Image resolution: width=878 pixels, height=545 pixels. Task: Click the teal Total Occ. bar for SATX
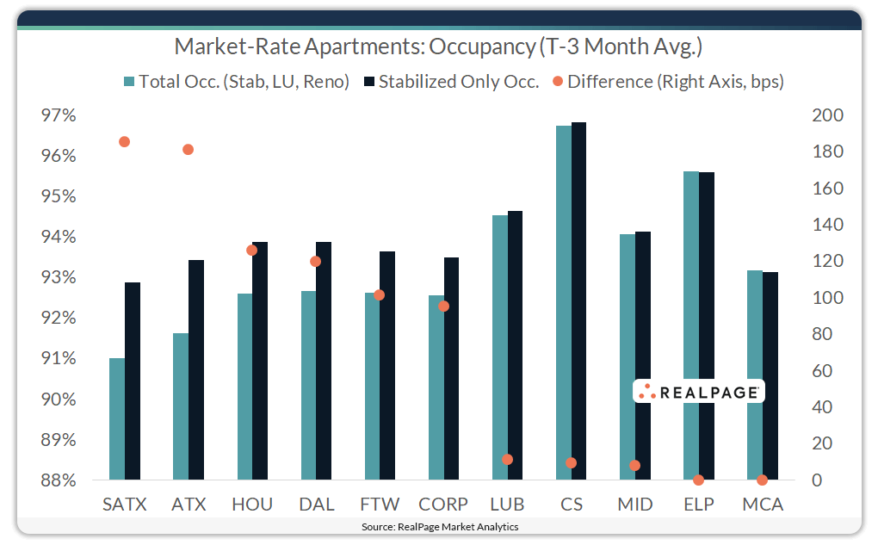coord(117,419)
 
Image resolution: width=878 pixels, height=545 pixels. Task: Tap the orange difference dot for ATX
coord(189,150)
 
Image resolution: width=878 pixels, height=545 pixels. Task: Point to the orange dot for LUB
coord(507,460)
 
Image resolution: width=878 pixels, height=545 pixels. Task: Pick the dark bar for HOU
coord(260,361)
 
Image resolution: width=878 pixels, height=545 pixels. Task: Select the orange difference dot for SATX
coord(125,142)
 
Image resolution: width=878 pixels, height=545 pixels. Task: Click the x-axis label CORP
coord(443,505)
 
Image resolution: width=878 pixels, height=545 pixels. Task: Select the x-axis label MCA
coord(763,505)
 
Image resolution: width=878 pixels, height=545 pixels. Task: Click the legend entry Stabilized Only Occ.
coord(451,82)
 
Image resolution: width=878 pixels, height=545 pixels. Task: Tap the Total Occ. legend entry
coord(236,82)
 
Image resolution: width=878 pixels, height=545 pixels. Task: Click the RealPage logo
coord(698,392)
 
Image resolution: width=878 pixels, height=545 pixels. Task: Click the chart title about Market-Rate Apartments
coord(439,46)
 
